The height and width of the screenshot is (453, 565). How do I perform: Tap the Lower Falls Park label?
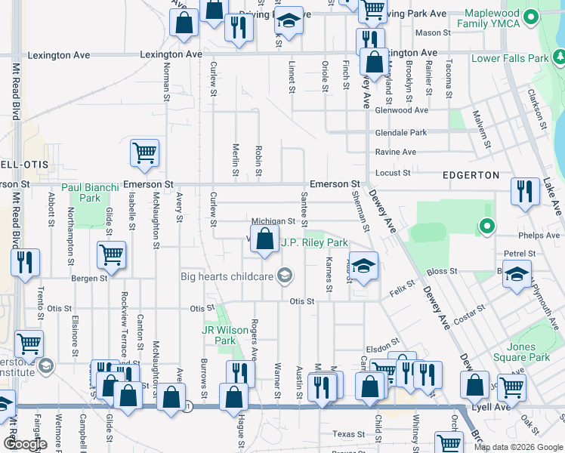click(x=510, y=58)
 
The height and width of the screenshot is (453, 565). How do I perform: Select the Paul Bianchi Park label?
click(x=91, y=193)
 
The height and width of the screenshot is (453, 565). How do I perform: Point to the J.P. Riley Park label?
click(x=314, y=243)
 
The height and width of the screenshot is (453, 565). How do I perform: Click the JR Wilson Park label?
click(x=220, y=335)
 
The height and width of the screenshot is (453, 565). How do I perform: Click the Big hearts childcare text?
click(x=226, y=276)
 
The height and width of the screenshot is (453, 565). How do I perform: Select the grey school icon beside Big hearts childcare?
click(x=284, y=276)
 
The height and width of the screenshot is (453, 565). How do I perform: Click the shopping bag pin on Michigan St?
click(x=264, y=240)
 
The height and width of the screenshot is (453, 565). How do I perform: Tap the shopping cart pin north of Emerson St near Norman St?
click(x=144, y=153)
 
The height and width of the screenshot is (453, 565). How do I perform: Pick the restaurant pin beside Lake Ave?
click(x=525, y=191)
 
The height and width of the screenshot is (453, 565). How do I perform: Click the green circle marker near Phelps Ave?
click(x=487, y=225)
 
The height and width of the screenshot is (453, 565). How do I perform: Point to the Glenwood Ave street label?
click(x=401, y=110)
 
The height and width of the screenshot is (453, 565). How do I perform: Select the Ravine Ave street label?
click(x=395, y=152)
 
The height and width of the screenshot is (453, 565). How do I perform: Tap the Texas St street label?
click(x=348, y=434)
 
